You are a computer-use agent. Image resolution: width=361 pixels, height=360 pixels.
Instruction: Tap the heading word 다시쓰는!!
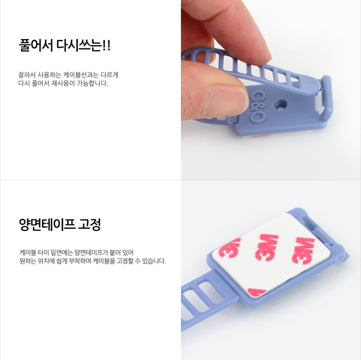click(x=84, y=45)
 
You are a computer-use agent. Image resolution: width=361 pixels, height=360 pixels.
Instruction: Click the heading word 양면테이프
click(x=47, y=224)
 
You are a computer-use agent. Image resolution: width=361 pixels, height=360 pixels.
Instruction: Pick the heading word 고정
click(x=89, y=224)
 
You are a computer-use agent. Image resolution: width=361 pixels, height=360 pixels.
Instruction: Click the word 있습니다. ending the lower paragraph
click(x=154, y=261)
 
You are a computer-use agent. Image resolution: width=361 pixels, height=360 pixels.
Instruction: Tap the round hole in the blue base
click(x=280, y=106)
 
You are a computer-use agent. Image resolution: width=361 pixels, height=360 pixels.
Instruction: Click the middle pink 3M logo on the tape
click(x=267, y=247)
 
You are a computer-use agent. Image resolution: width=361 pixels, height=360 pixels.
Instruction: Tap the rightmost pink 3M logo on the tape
click(x=303, y=250)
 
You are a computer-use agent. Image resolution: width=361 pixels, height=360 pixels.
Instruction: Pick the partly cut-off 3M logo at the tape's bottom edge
click(x=257, y=292)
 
